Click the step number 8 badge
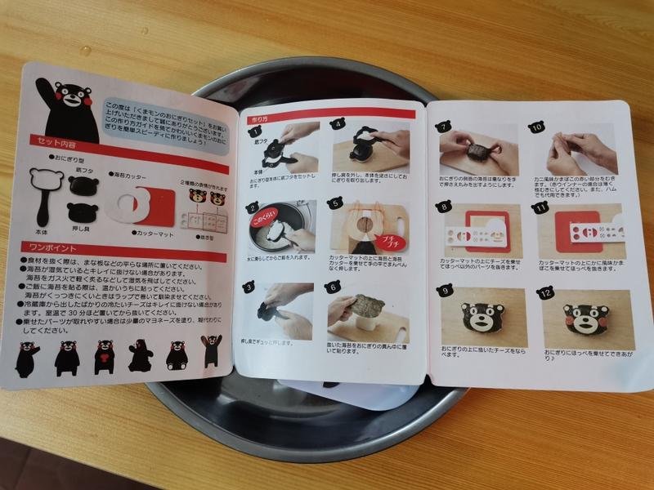(x=444, y=207)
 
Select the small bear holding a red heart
(x=104, y=357)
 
